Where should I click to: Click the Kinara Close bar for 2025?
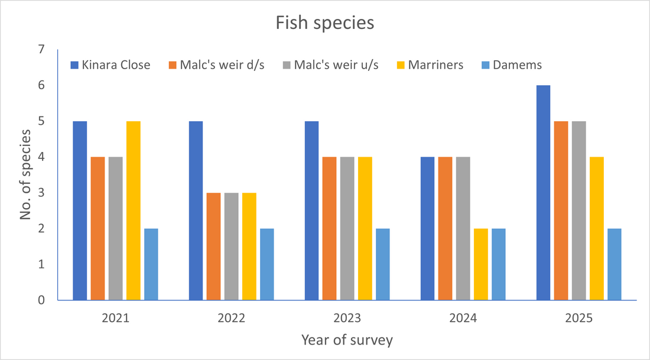point(543,193)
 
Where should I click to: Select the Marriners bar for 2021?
point(134,210)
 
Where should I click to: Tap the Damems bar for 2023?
point(383,264)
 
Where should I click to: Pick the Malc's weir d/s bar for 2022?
point(213,247)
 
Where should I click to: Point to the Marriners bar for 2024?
point(481,264)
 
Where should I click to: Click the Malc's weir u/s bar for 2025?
point(578,210)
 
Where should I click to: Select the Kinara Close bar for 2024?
point(427,228)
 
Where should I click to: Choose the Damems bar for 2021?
point(151,264)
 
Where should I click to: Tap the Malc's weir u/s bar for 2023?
point(347,228)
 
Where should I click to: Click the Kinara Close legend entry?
point(110,65)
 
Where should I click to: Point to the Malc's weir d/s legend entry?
point(216,65)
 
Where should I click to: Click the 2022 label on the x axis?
point(231,317)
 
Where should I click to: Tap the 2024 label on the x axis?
point(463,317)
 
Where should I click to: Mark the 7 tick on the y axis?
point(40,50)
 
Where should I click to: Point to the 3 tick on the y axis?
point(40,193)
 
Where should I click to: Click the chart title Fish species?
point(325,24)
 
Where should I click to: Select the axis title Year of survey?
point(347,340)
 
